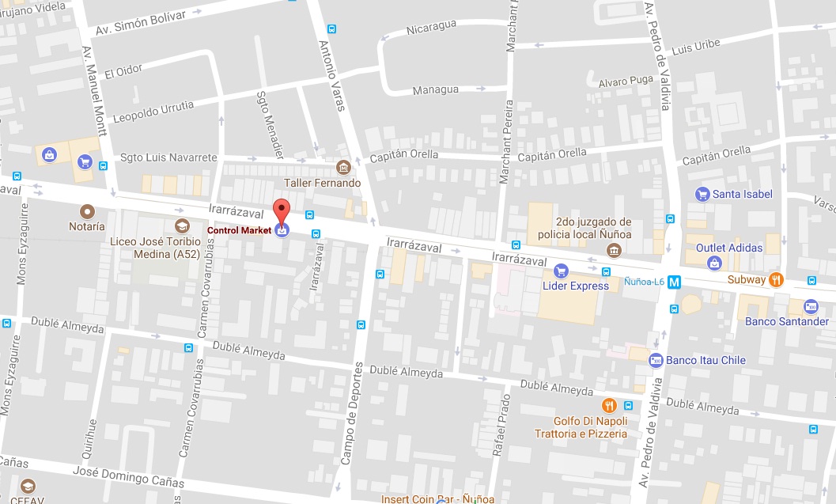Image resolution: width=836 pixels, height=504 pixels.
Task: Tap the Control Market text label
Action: [x=239, y=230]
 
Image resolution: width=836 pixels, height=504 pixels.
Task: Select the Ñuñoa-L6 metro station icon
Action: [x=674, y=281]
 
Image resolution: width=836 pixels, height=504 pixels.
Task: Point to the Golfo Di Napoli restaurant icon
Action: [x=608, y=406]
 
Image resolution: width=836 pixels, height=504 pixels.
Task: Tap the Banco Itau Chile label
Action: [x=705, y=361]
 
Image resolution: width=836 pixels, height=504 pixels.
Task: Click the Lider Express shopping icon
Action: [x=561, y=271]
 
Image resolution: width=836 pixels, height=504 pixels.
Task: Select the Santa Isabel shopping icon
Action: [x=702, y=194]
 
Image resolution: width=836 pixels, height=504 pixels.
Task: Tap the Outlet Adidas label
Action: [x=729, y=248]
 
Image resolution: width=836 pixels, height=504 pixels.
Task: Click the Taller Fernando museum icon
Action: [x=343, y=168]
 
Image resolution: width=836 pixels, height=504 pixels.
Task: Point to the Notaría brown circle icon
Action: [x=87, y=211]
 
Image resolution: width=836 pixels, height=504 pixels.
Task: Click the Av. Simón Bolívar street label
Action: [x=140, y=21]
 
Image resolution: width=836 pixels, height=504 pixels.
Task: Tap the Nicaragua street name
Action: [x=431, y=29]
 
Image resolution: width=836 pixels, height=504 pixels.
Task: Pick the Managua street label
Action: [x=435, y=90]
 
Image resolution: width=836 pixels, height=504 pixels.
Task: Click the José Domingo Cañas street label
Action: [x=128, y=477]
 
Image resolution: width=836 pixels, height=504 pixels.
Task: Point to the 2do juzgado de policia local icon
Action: [x=614, y=251]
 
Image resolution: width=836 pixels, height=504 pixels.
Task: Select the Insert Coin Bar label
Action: [x=437, y=499]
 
